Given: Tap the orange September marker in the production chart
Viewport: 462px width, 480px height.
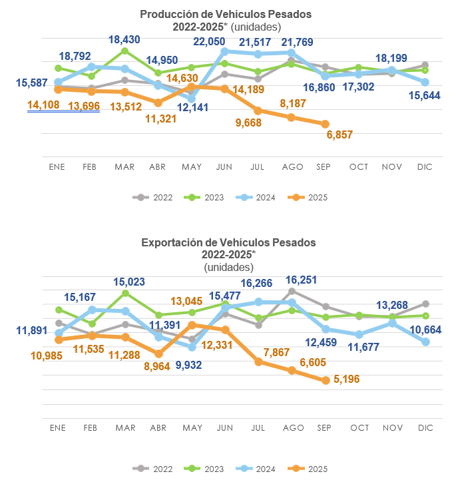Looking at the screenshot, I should click(x=325, y=124).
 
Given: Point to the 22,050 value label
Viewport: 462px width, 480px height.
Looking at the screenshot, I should click(x=213, y=41).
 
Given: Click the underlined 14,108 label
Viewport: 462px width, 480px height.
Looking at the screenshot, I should click(x=43, y=105).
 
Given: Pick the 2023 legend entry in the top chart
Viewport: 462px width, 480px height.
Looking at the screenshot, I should click(x=206, y=197).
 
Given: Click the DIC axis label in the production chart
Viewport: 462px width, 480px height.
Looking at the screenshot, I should click(x=425, y=166).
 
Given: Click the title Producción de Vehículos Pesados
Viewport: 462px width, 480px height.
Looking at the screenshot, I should click(x=226, y=14).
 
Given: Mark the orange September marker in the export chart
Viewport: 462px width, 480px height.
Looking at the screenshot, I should click(x=325, y=381).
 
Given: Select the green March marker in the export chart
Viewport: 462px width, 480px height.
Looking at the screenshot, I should click(x=125, y=293).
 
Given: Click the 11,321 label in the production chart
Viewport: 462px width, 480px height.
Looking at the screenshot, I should click(x=158, y=119).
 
